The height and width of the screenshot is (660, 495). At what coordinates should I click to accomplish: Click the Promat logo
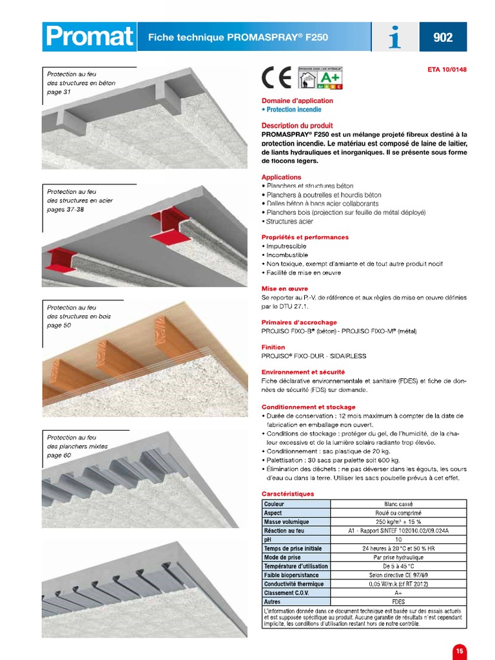(x=89, y=37)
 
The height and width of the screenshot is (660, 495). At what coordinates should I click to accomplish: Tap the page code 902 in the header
(x=443, y=37)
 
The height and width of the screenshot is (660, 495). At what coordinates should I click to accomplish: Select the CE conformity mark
(x=277, y=77)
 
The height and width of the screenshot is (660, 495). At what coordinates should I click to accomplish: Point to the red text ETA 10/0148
(x=447, y=70)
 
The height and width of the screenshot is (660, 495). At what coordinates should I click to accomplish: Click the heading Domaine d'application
(x=297, y=101)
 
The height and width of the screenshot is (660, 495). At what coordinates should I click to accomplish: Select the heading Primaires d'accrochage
(x=299, y=322)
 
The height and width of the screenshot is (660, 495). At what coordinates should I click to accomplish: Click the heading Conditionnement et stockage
(x=308, y=407)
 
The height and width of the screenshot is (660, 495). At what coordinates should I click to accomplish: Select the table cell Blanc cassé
(x=398, y=504)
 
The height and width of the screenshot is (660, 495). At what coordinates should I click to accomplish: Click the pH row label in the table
(x=268, y=539)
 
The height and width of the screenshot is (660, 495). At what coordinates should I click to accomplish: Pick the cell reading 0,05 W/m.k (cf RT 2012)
(x=398, y=584)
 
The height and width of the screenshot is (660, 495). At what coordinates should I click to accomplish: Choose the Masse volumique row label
(x=286, y=522)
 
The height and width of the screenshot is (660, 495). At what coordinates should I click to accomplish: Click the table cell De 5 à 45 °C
(x=398, y=566)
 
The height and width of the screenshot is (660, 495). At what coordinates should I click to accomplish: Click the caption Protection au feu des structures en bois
(x=79, y=316)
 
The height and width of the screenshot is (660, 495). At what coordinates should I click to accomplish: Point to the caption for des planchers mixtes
(x=77, y=446)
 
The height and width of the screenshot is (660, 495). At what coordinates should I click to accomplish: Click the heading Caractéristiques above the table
(x=287, y=494)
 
